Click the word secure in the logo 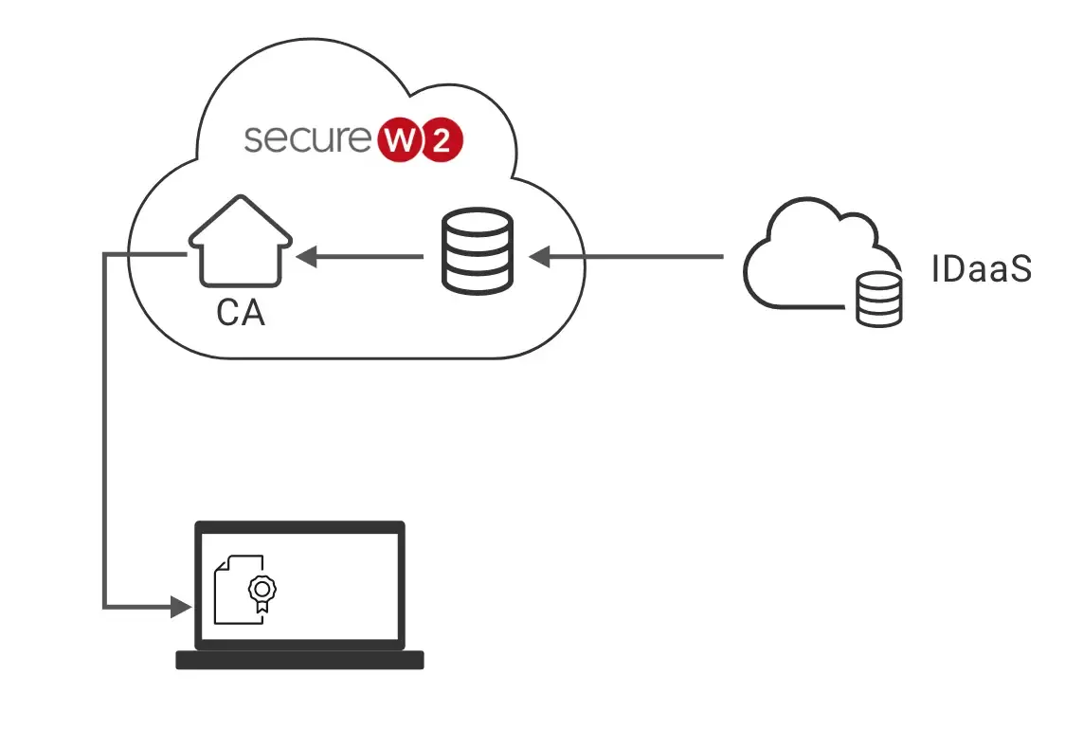point(306,138)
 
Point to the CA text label point(241,313)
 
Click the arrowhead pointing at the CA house point(306,255)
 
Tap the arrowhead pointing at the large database point(539,255)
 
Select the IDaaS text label point(980,270)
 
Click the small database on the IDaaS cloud point(878,302)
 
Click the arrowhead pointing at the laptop point(179,606)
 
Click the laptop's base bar point(299,660)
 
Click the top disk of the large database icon point(478,223)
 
